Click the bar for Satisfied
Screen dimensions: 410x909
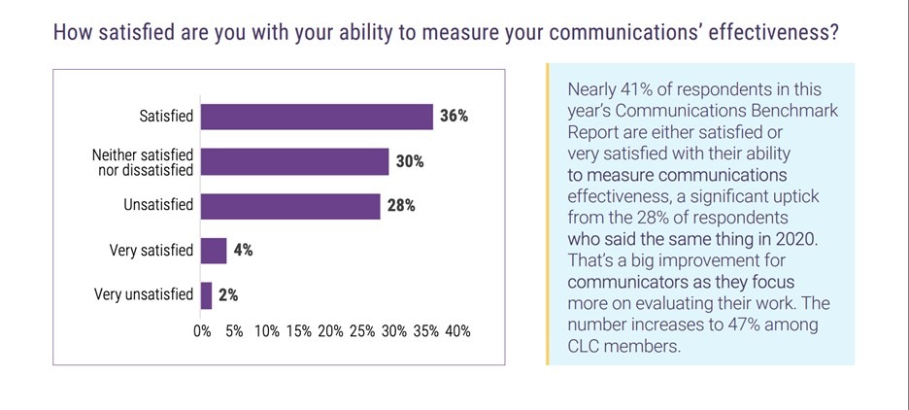(317, 117)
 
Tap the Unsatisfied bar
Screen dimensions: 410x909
(290, 206)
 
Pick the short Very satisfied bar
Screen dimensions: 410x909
(214, 251)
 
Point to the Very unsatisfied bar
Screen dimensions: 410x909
(206, 295)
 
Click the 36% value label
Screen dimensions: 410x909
(454, 117)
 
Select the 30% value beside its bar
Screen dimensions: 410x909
(410, 161)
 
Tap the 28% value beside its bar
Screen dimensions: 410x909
(401, 206)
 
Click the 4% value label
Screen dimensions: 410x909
(243, 251)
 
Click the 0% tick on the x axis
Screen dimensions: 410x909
(203, 331)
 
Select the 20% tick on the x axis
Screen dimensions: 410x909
(330, 331)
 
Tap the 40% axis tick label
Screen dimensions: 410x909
(457, 331)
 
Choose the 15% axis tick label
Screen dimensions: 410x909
(298, 331)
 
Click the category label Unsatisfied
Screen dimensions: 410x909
(158, 206)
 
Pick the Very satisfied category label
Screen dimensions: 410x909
(151, 251)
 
